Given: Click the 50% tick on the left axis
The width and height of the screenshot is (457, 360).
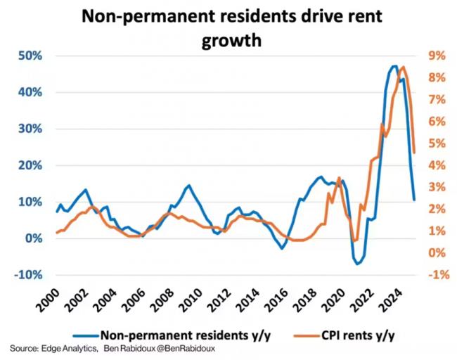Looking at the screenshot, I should click(29, 56).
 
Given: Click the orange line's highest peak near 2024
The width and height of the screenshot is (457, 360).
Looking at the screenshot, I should click(402, 67).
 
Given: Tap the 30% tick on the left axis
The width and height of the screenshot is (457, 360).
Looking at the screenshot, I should click(29, 129).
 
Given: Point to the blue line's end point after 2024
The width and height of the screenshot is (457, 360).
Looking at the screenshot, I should click(413, 200).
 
